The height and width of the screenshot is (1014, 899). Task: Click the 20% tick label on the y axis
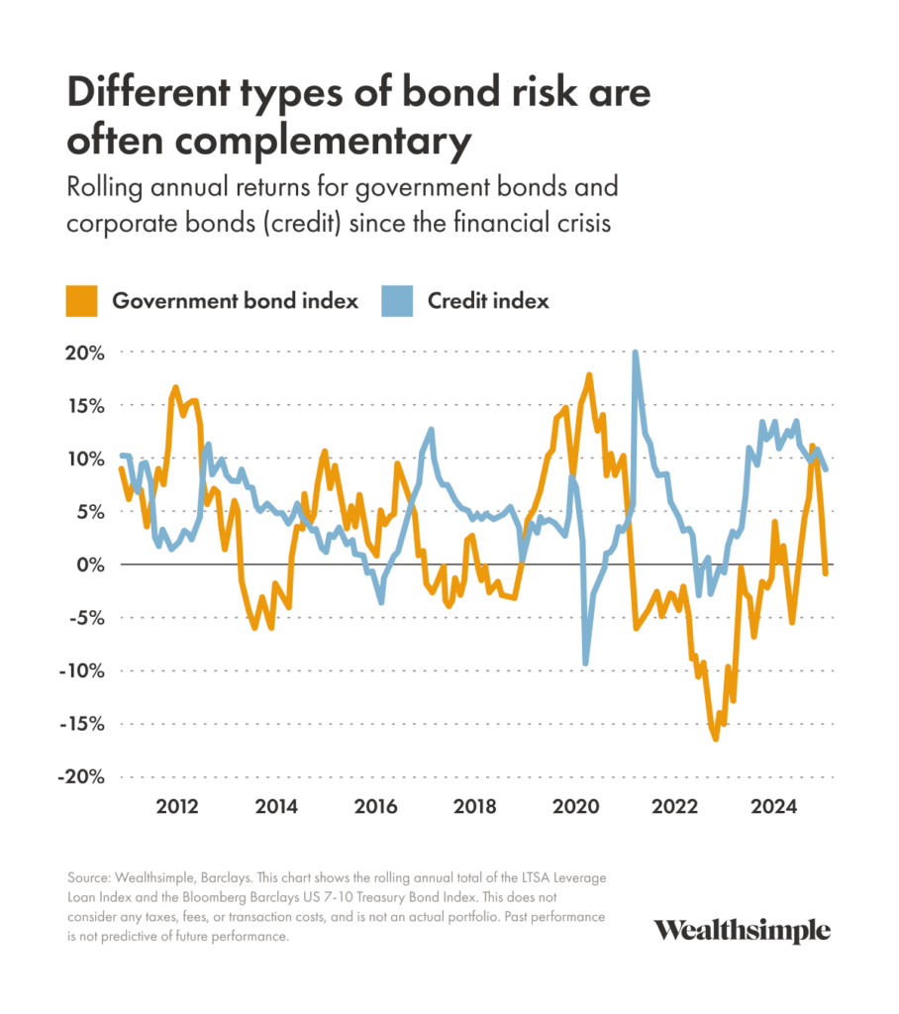[84, 353]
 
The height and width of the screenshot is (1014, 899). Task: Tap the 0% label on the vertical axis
[91, 564]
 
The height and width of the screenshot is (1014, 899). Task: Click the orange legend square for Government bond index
[83, 301]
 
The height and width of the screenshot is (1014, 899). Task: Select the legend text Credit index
[488, 301]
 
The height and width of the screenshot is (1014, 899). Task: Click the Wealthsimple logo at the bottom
[742, 931]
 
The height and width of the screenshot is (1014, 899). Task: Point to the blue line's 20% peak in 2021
[635, 354]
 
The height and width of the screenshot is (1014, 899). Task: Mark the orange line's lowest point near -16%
[715, 738]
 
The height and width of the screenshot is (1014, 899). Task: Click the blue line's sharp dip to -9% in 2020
[586, 662]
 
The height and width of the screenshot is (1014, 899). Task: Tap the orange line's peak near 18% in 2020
[589, 376]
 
